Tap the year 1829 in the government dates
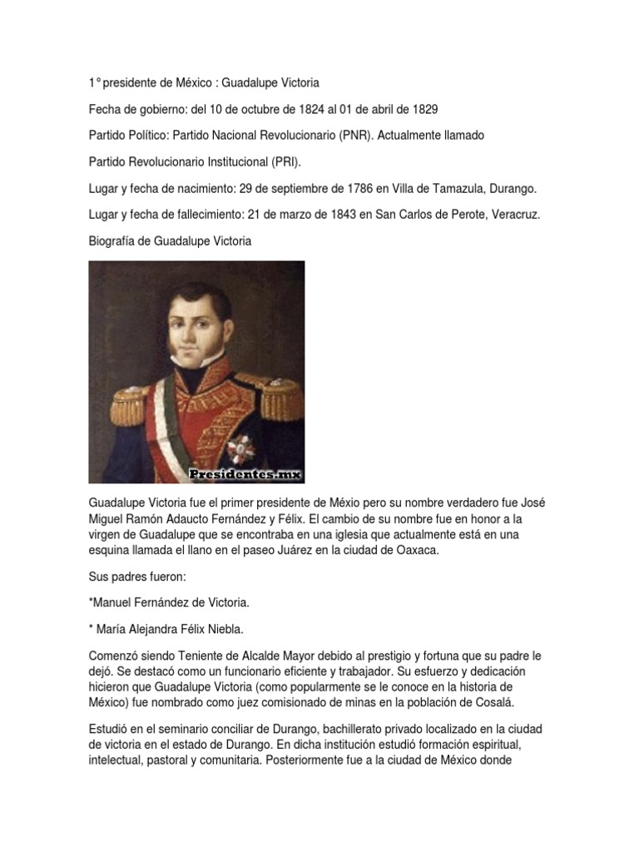[423, 109]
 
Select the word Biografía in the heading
[115, 240]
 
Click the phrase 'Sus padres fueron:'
[133, 576]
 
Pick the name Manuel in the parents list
[113, 602]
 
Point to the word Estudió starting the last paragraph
[108, 727]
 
